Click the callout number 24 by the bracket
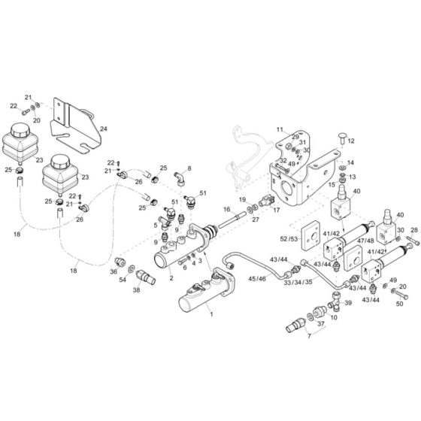tap(104, 129)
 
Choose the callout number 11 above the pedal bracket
tap(280, 130)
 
